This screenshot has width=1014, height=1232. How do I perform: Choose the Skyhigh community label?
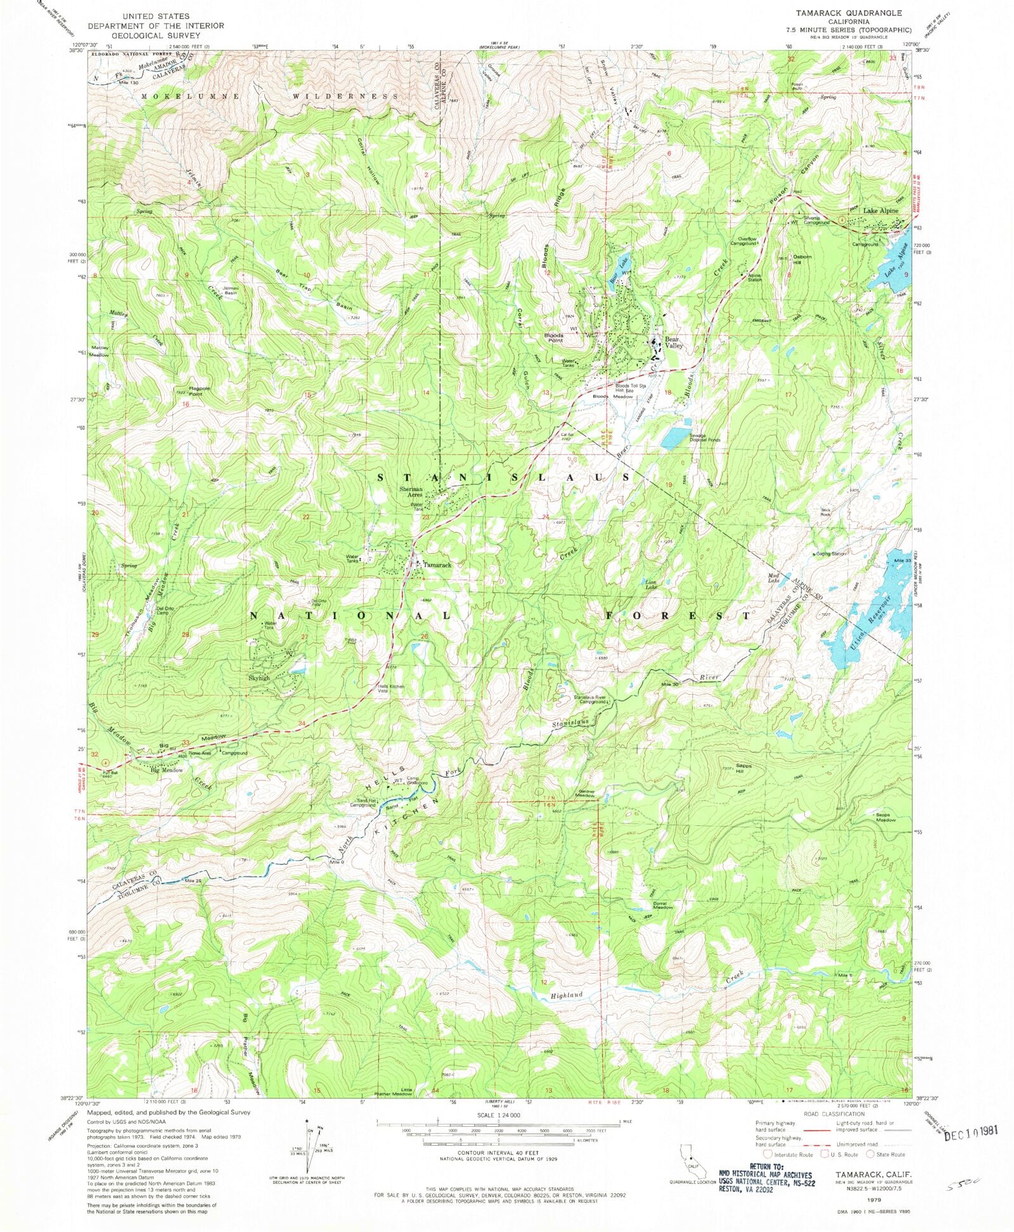click(x=259, y=678)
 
